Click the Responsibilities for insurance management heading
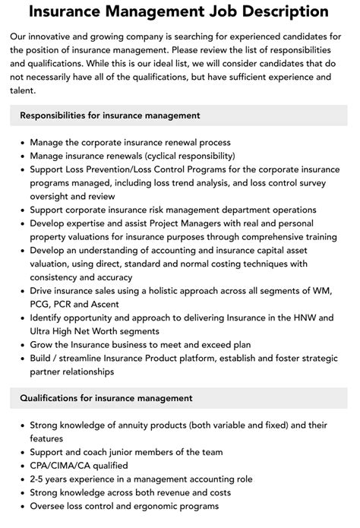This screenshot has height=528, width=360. (110, 115)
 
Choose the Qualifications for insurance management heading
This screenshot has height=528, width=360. (106, 397)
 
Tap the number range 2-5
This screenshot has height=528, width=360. (39, 479)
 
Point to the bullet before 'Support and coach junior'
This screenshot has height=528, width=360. (21, 452)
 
